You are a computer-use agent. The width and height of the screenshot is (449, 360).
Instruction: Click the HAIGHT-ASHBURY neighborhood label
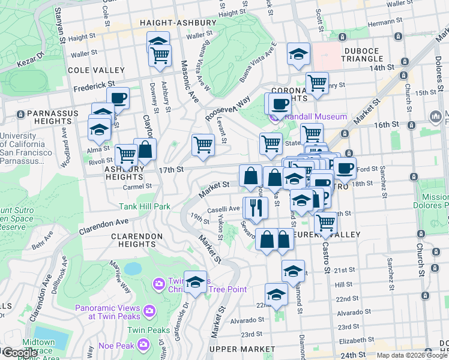[177, 23]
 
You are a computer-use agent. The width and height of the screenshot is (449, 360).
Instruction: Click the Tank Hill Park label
[145, 206]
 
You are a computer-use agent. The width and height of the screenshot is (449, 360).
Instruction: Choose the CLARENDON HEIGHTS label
[137, 240]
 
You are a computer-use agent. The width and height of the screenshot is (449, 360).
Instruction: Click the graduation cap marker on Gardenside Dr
[195, 281]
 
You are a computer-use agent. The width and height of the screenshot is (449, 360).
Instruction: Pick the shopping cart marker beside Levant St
[203, 145]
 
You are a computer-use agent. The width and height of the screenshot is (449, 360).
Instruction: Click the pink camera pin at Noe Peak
[143, 344]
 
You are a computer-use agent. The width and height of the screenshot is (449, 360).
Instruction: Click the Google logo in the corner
[20, 353]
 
